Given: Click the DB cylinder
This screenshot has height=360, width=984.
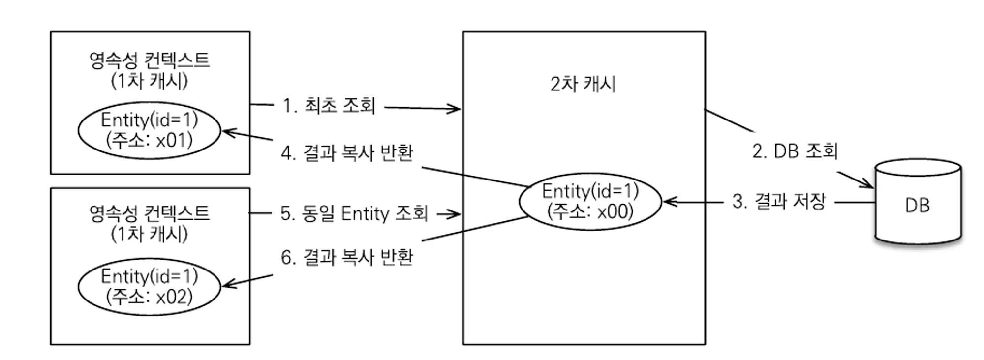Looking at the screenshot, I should click(918, 203).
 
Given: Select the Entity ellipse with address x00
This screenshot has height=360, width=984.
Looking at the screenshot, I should click(590, 201).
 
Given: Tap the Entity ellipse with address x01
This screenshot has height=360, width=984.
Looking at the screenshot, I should click(149, 130).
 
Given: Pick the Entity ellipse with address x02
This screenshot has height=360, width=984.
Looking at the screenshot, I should click(149, 287).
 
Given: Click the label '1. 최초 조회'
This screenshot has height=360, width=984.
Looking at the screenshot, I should click(329, 106).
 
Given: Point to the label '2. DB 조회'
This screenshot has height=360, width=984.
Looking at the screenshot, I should click(795, 151).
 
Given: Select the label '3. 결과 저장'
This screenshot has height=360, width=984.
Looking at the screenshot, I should click(778, 202).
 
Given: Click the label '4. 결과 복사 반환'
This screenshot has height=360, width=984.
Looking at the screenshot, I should click(347, 153).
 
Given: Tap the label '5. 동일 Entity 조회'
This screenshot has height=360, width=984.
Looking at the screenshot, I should click(354, 213).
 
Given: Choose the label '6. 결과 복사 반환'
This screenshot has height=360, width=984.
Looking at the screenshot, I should click(347, 257).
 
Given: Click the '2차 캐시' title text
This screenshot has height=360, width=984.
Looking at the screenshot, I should click(583, 84).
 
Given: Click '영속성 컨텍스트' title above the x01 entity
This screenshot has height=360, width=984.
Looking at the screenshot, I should click(149, 60).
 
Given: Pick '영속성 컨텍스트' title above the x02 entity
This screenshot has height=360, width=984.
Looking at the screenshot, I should click(149, 213).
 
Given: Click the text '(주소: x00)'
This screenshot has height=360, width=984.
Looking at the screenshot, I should click(590, 212).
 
